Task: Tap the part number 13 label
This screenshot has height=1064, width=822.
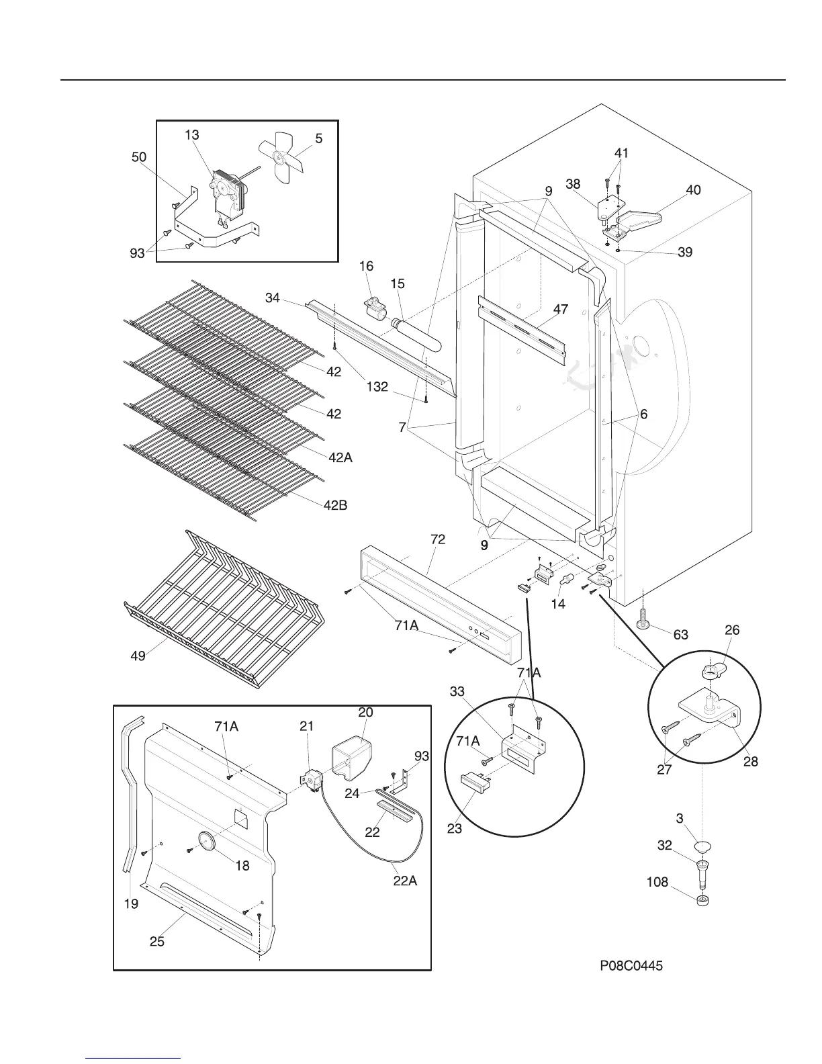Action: tap(192, 135)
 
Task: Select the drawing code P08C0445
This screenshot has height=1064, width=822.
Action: tap(631, 966)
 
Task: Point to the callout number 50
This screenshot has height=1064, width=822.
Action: tap(138, 157)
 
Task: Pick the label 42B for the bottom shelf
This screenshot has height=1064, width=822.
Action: tap(335, 505)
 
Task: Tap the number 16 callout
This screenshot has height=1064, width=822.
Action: tap(366, 267)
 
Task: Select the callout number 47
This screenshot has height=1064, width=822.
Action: tap(560, 310)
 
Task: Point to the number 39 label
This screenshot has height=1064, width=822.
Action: tap(685, 253)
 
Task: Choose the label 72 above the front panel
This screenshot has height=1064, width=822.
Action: tap(438, 539)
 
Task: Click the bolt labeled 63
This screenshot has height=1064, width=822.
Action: tap(643, 618)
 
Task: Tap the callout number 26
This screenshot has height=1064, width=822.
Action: tap(732, 630)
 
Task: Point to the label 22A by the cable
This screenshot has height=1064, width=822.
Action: tap(405, 881)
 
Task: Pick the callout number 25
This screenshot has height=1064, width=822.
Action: tap(156, 942)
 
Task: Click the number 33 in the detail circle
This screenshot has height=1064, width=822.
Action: tap(457, 691)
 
